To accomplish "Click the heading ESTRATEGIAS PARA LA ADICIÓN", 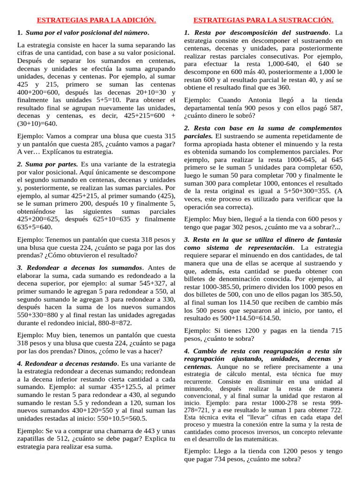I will pyautogui.click(x=96, y=20).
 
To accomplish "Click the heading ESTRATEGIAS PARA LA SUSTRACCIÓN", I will pyautogui.click(x=263, y=20).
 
